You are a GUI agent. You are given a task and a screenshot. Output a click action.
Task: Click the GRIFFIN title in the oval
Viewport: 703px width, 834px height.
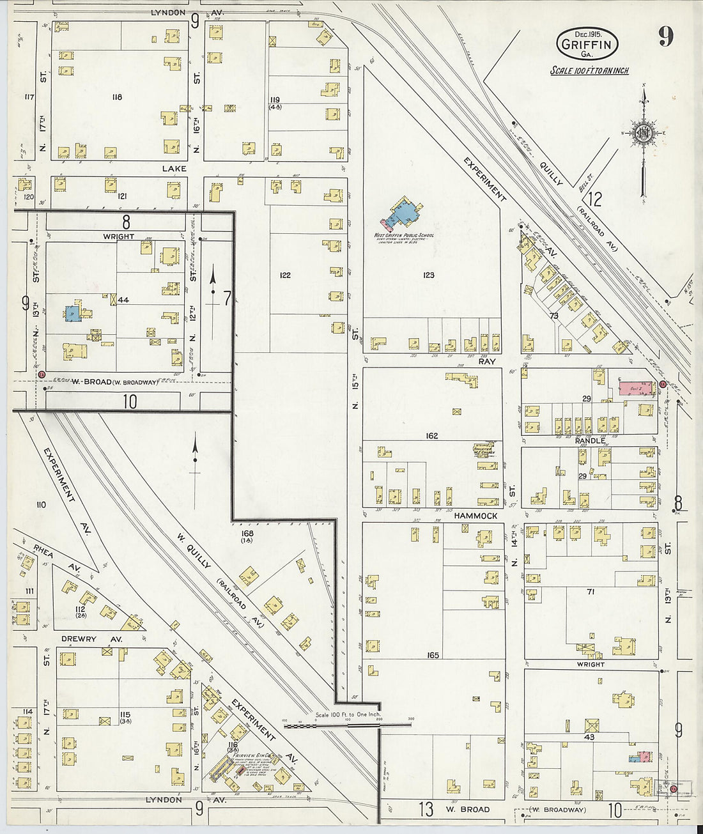pos(587,43)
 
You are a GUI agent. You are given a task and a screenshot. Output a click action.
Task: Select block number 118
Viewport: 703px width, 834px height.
pos(116,97)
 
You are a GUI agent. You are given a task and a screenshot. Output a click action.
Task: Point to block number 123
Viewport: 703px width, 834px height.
pos(428,275)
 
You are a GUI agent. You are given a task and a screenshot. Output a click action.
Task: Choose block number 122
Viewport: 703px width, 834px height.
pos(285,275)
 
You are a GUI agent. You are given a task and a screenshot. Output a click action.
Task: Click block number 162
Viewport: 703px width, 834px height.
pos(432,435)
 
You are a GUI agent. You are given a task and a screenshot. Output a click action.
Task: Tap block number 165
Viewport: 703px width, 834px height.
pos(433,655)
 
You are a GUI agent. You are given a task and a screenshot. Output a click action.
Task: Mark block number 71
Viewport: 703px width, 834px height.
pos(591,592)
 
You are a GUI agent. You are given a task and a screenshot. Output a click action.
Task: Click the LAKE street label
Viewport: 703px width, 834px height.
pos(174,169)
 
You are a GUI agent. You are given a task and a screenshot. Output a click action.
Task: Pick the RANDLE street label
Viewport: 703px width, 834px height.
pos(589,440)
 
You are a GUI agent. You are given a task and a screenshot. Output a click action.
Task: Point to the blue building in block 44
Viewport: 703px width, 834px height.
pos(72,313)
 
